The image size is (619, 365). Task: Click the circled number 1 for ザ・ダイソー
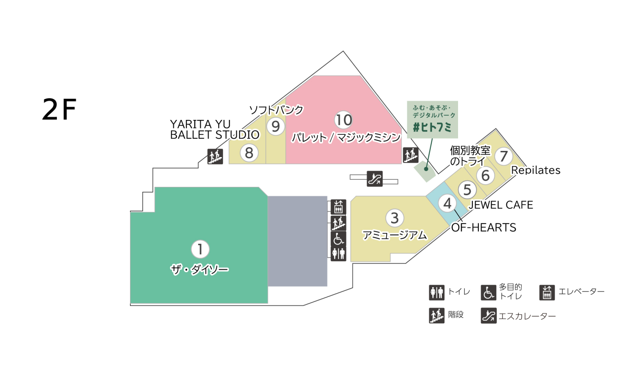pos(200,249)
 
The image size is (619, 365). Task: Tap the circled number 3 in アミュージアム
pos(395,218)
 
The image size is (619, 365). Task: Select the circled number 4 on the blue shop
pos(447,203)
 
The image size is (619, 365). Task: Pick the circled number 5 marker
pos(467,190)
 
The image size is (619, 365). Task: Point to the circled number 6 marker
pos(486,176)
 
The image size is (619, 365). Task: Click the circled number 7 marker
pos(503,156)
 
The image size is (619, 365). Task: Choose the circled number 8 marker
pos(249,153)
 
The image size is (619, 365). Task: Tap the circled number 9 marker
pos(276,126)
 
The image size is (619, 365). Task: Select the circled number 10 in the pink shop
pos(343,120)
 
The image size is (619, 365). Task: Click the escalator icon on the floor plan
pos(375,179)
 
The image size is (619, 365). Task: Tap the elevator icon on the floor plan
pos(338,207)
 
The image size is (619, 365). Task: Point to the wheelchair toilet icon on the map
pos(338,239)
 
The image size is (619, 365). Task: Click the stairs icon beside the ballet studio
pos(215,156)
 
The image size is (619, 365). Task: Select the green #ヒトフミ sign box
pos(432,119)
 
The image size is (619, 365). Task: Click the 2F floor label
pos(59,110)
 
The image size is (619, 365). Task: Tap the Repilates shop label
pos(536,170)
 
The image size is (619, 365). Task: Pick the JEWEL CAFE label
pos(501,205)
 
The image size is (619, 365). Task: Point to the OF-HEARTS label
pos(484,228)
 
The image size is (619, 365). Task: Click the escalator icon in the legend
pos(489,316)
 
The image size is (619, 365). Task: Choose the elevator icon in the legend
pos(547,292)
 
